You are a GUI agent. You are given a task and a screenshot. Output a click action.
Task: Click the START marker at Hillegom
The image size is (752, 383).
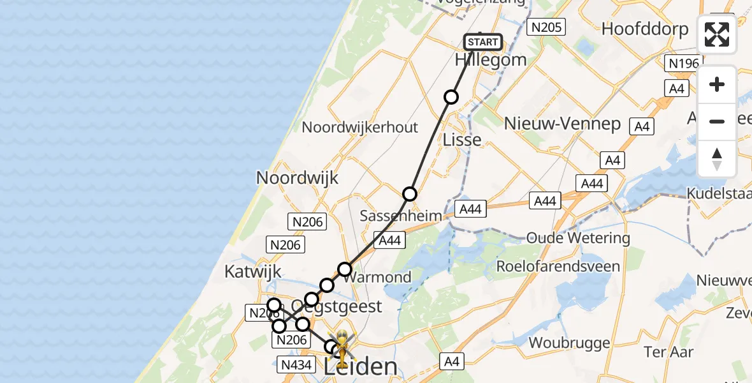[x=483, y=43]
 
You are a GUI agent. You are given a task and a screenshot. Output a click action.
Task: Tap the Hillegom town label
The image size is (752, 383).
[x=491, y=60]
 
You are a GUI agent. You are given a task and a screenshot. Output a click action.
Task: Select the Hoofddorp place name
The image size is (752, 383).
[x=645, y=29]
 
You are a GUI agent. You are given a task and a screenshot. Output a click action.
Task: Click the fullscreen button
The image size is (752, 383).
[x=717, y=34]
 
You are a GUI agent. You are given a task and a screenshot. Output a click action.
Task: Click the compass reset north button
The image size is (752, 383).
[x=717, y=159]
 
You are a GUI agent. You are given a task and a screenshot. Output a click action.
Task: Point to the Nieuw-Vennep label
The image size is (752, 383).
[x=562, y=123]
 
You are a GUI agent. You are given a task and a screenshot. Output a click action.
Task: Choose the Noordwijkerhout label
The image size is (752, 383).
[x=359, y=127]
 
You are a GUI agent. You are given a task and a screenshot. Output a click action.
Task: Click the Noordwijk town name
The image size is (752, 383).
[x=297, y=177]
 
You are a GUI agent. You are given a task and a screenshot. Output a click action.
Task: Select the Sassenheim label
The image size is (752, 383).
[x=401, y=216]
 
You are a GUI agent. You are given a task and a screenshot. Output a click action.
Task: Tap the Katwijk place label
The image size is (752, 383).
[x=253, y=271]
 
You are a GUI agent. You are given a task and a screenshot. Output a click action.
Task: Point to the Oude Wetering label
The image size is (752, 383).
[x=578, y=238]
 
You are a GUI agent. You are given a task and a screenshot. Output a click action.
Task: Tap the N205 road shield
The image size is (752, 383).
[x=547, y=26]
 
